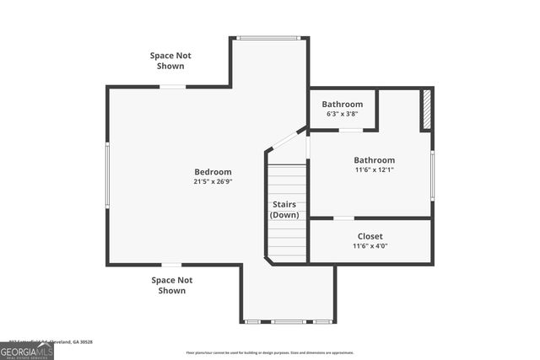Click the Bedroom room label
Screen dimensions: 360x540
click(213, 172)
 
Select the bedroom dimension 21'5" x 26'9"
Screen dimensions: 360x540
click(213, 181)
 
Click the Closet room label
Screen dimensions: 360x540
click(370, 236)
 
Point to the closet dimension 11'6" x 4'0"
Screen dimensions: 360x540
click(370, 246)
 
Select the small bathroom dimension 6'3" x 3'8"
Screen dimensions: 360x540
click(342, 114)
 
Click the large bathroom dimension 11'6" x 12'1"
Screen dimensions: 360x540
click(374, 169)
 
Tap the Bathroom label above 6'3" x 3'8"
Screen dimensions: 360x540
click(342, 104)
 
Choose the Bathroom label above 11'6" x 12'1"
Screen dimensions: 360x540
click(374, 160)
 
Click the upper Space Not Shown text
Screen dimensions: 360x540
click(170, 61)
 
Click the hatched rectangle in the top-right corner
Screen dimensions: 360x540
click(427, 110)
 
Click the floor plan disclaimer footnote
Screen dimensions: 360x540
click(270, 352)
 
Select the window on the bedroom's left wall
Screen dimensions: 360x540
click(107, 175)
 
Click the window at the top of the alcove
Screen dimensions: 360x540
click(268, 37)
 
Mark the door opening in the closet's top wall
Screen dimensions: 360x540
click(343, 218)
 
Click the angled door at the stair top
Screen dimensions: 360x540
click(288, 139)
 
